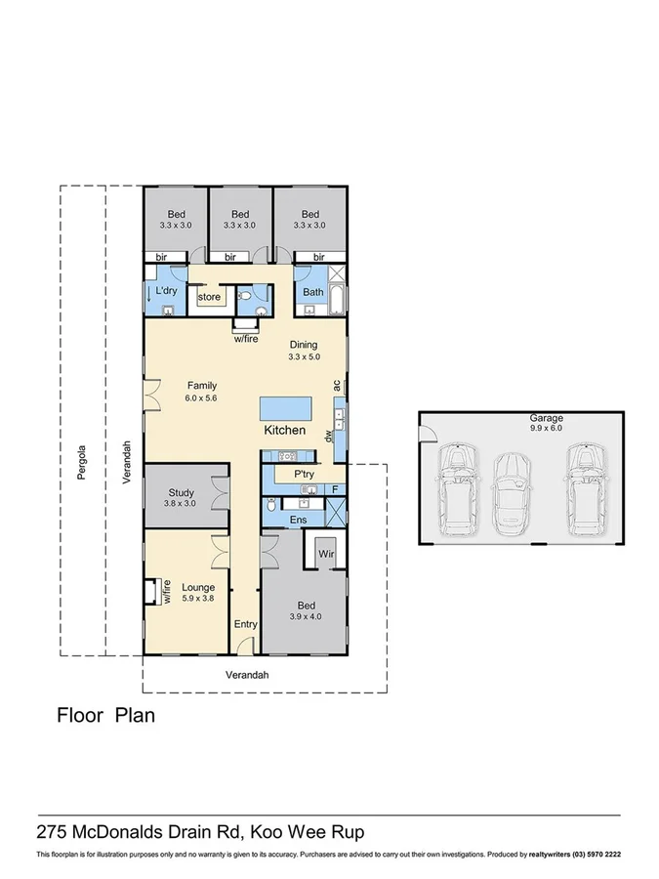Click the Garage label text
[520, 417]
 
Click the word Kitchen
[285, 431]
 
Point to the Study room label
[181, 493]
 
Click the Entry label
[244, 624]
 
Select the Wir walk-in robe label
[325, 554]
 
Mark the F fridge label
[334, 488]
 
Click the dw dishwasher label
[330, 438]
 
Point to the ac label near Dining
[337, 387]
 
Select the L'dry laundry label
[166, 291]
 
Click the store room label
[209, 297]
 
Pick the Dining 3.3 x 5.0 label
[304, 351]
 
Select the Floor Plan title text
[105, 715]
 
